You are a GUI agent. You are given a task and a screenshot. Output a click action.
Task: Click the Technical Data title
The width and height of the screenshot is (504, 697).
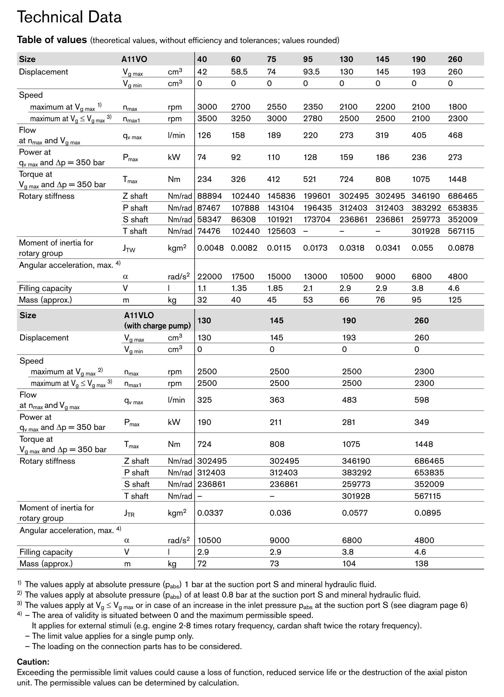click(69, 17)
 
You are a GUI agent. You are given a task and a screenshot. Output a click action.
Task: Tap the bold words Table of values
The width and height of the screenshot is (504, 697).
click(52, 40)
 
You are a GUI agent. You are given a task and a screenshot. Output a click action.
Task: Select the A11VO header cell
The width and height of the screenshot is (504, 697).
click(134, 59)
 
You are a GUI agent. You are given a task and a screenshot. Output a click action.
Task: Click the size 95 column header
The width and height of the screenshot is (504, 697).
click(308, 59)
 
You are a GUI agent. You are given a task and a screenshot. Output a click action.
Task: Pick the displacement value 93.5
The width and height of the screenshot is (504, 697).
click(311, 72)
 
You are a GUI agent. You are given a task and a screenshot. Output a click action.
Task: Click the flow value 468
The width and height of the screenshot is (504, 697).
click(455, 135)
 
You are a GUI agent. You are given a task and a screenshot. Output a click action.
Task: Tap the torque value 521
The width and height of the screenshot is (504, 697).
click(309, 179)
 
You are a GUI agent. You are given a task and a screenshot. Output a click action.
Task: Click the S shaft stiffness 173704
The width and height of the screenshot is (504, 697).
click(317, 220)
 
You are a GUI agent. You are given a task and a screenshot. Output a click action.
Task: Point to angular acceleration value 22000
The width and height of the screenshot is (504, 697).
click(210, 277)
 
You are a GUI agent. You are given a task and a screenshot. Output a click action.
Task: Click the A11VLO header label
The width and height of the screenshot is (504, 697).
click(139, 315)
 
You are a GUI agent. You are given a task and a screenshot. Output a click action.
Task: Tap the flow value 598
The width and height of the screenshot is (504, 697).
click(421, 400)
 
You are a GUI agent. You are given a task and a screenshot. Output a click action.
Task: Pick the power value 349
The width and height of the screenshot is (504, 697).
click(421, 422)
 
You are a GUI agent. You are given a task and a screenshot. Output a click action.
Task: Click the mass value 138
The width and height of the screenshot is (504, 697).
click(421, 564)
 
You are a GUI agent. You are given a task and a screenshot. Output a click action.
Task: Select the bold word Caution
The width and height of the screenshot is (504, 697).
click(33, 662)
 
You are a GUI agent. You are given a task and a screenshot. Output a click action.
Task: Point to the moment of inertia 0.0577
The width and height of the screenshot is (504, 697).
click(355, 513)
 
